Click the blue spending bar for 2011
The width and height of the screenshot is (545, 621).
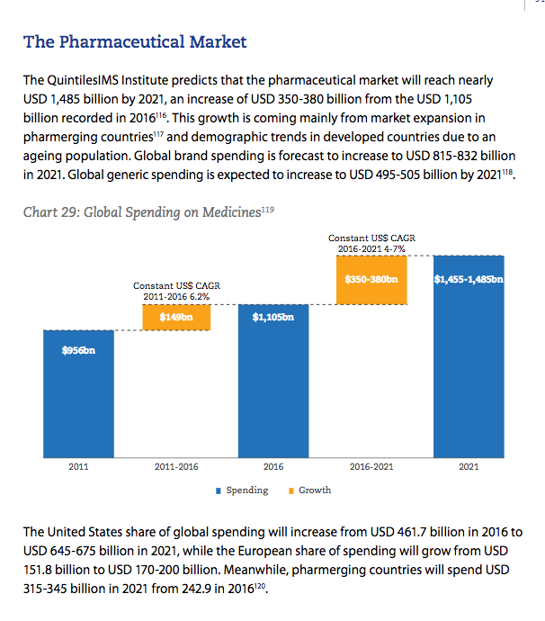click(x=78, y=393)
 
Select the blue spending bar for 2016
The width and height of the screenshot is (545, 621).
click(x=273, y=381)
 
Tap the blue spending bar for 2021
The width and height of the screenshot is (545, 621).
click(x=469, y=356)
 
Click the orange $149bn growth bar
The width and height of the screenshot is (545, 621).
click(x=176, y=317)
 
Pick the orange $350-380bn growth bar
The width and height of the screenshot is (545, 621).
click(x=371, y=280)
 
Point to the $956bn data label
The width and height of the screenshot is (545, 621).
click(x=78, y=350)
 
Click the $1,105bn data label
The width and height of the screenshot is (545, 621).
click(x=273, y=317)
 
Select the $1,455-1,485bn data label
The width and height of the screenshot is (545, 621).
click(x=469, y=279)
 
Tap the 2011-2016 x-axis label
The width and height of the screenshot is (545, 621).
click(x=176, y=466)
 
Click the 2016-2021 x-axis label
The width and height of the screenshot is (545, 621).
click(x=371, y=466)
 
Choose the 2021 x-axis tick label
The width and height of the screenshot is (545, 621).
click(x=469, y=466)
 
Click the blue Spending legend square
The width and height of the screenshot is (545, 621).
click(x=218, y=491)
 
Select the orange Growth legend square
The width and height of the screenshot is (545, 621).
click(x=291, y=491)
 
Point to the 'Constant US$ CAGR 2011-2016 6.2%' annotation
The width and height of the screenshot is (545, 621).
click(x=176, y=291)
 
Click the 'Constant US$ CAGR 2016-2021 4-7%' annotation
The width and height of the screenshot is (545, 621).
click(x=371, y=243)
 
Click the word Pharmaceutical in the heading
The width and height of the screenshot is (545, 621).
click(x=122, y=41)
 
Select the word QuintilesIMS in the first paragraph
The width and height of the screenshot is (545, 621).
click(x=83, y=80)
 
